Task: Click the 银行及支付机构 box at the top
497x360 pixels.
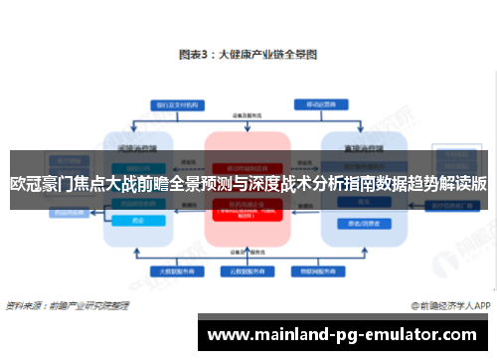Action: point(175,104)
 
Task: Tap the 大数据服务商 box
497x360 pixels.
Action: point(175,270)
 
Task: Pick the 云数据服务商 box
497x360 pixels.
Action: point(247,270)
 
